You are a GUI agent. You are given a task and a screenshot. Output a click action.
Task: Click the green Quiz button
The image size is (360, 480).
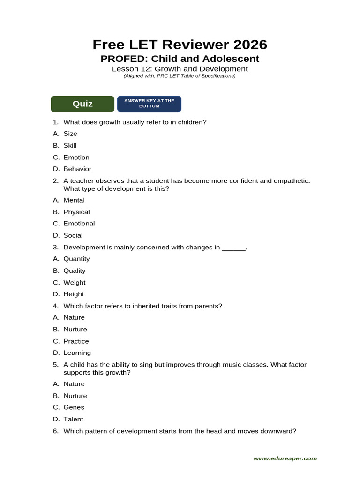pyautogui.click(x=82, y=104)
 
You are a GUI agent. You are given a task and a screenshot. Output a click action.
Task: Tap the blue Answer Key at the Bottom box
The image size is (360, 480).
pyautogui.click(x=149, y=104)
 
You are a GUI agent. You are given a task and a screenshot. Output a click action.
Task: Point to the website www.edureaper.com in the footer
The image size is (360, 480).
pyautogui.click(x=285, y=458)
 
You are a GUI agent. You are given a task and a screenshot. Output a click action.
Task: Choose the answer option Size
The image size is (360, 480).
pyautogui.click(x=70, y=134)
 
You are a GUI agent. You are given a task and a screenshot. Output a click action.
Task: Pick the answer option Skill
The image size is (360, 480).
pyautogui.click(x=70, y=146)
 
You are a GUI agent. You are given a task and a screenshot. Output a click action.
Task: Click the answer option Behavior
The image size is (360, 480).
pyautogui.click(x=77, y=169)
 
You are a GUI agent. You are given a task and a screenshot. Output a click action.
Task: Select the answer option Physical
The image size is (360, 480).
pyautogui.click(x=76, y=212)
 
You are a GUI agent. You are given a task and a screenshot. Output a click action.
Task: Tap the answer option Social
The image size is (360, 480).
pyautogui.click(x=73, y=236)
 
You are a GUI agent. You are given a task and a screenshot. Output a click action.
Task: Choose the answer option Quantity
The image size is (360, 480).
pyautogui.click(x=76, y=259)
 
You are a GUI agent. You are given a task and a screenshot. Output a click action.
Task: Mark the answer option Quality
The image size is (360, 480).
pyautogui.click(x=75, y=271)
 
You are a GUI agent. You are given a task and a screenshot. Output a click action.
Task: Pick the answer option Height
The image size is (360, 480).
pyautogui.click(x=74, y=294)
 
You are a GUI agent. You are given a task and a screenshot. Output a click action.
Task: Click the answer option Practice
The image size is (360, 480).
pyautogui.click(x=76, y=341)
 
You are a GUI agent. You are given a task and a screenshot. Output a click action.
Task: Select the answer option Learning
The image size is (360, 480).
pyautogui.click(x=77, y=353)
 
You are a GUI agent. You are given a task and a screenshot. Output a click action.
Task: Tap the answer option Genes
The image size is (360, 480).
pyautogui.click(x=74, y=408)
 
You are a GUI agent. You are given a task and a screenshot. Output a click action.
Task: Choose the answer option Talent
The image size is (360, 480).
pyautogui.click(x=74, y=420)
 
